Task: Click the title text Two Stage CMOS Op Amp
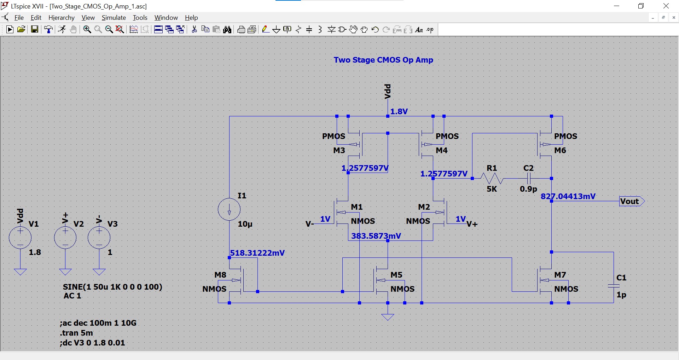(383, 60)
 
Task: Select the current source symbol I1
(229, 209)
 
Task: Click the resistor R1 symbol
(492, 178)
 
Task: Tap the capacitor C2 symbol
(529, 178)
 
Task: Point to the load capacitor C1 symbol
(614, 286)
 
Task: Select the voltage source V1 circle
(20, 238)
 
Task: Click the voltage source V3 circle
(99, 238)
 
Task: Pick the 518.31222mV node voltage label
(257, 253)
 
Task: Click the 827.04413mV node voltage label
(568, 196)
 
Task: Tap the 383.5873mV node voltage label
(376, 236)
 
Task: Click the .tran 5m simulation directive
(76, 333)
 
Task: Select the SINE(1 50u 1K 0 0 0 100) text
(112, 287)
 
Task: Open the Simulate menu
(114, 18)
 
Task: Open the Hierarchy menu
(61, 18)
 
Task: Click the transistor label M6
(560, 150)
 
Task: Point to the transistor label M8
(220, 275)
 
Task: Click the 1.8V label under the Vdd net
(399, 111)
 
